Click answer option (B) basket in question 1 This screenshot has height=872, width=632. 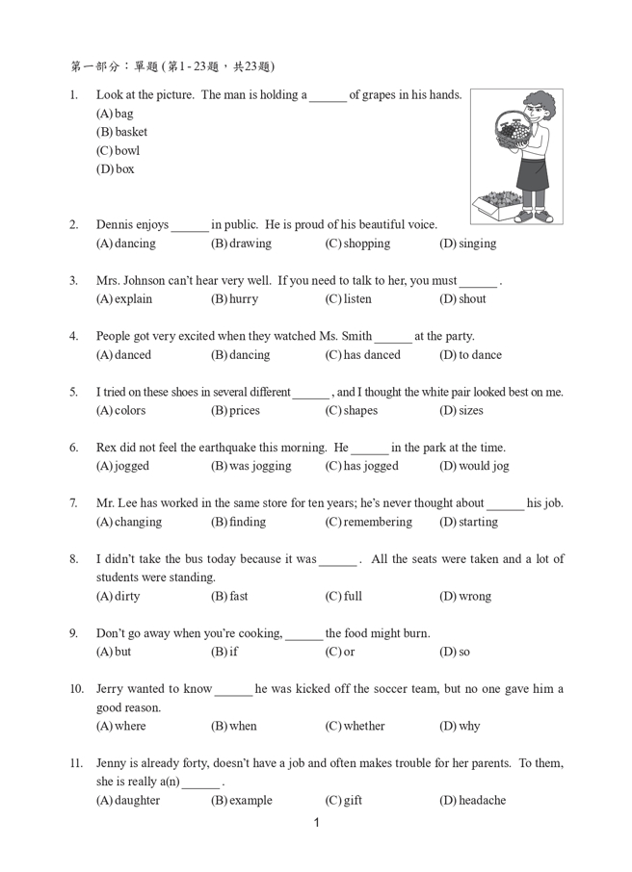click(121, 132)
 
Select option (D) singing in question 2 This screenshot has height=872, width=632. click(467, 244)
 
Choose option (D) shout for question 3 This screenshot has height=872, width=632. click(462, 299)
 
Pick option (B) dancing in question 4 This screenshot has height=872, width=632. click(240, 355)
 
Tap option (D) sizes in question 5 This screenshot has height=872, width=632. click(461, 411)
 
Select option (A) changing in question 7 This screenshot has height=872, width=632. click(129, 522)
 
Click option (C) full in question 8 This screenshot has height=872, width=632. click(344, 596)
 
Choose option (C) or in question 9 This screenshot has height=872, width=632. click(340, 652)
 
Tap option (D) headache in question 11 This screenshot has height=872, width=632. click(472, 800)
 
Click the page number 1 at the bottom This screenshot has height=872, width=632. click(317, 823)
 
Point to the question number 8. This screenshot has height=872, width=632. click(73, 559)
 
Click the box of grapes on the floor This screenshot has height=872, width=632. click(497, 202)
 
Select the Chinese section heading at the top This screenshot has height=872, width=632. click(172, 66)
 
